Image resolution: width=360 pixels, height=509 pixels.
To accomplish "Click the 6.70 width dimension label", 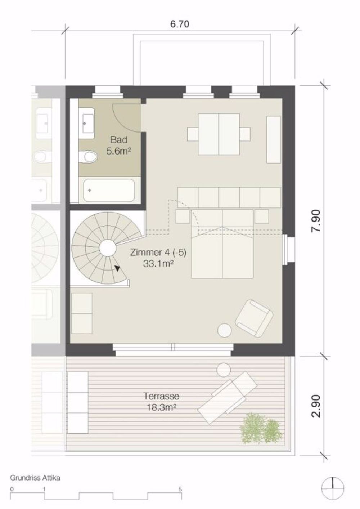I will (x=179, y=24).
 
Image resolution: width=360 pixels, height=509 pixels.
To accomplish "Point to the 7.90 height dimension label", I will (x=316, y=221).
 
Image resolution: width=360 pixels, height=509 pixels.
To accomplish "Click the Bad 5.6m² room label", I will (x=118, y=145).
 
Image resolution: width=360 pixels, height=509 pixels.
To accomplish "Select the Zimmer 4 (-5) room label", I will (x=158, y=258).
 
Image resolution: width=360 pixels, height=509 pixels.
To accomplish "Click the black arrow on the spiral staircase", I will (x=117, y=268).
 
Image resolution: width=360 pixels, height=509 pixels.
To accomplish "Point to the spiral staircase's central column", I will (x=107, y=248).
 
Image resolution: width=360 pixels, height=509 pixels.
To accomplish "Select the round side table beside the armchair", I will (x=225, y=331).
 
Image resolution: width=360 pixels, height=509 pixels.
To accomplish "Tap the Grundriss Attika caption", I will (x=35, y=478).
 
